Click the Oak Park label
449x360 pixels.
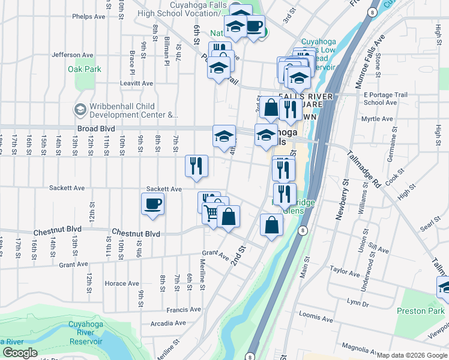[85, 70]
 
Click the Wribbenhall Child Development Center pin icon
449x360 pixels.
[79, 110]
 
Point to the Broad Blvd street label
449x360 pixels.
[95, 128]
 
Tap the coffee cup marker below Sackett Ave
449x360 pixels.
[152, 204]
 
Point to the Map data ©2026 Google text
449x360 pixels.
[412, 355]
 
